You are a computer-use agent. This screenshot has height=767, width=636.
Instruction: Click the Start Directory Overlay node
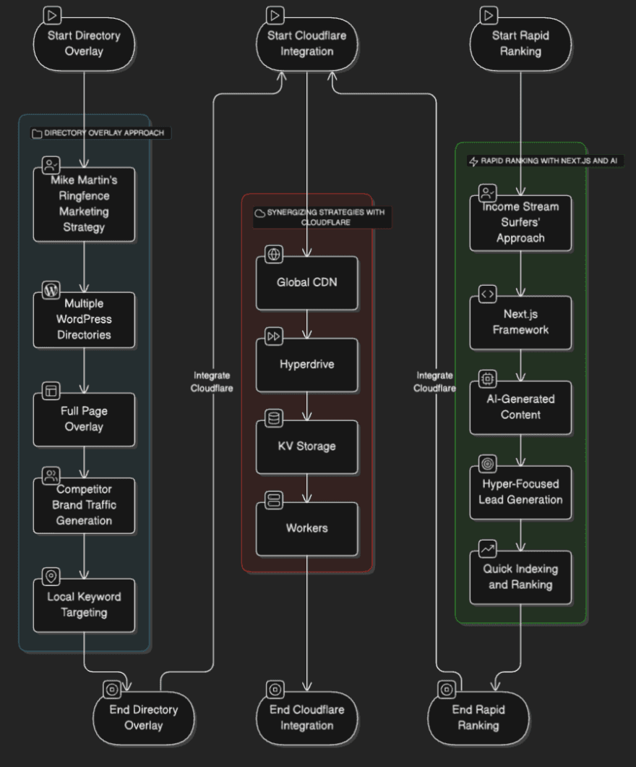click(84, 43)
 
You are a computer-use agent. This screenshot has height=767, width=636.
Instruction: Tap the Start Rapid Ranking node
click(520, 43)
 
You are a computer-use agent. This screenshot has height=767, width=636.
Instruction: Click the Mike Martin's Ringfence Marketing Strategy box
click(84, 204)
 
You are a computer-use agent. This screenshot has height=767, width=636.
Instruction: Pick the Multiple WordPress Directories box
click(84, 320)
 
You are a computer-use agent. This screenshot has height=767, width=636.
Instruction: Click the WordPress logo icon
click(51, 291)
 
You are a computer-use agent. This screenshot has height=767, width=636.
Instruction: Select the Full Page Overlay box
click(84, 419)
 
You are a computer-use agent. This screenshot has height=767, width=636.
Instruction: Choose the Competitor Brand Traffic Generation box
click(84, 504)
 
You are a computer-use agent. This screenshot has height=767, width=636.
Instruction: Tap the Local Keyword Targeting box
click(84, 605)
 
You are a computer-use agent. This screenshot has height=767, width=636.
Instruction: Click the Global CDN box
click(307, 282)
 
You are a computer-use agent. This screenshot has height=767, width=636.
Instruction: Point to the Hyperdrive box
click(307, 365)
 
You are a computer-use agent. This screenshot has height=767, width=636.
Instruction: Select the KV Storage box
click(307, 446)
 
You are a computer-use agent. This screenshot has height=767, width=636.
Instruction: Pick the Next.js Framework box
click(520, 322)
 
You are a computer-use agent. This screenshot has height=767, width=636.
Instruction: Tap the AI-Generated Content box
click(520, 407)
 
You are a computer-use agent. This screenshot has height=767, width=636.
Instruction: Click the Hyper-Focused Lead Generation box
click(520, 492)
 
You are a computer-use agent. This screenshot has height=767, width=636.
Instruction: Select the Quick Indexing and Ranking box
click(520, 577)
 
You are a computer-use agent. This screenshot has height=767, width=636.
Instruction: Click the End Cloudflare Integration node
click(307, 718)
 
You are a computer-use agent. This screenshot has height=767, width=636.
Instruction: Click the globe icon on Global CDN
click(274, 254)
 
